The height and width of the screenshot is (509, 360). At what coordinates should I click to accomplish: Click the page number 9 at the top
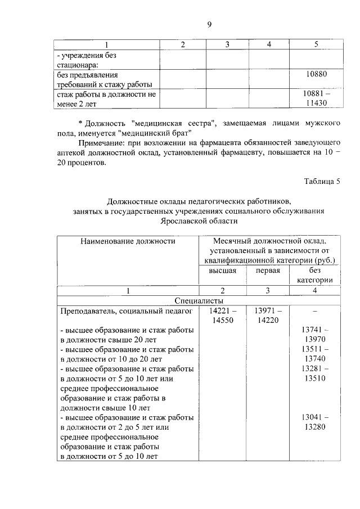209,24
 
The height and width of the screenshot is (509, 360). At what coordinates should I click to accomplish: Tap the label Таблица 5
322,181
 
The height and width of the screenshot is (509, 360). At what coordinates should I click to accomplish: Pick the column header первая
268,271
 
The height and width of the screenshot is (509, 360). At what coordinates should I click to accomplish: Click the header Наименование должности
128,241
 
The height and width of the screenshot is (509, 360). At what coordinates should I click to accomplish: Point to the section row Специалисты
200,300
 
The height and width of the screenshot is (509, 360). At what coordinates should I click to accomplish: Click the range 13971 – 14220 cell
268,315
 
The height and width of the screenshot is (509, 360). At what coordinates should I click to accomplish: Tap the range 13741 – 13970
315,335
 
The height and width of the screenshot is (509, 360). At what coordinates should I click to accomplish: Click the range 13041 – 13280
315,422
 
